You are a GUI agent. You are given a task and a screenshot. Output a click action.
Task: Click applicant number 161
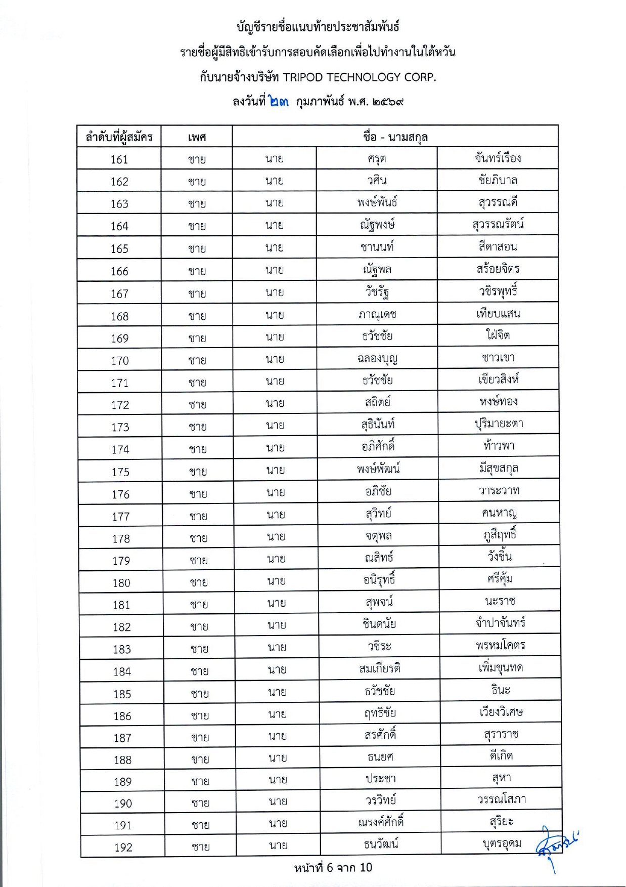pyautogui.click(x=119, y=159)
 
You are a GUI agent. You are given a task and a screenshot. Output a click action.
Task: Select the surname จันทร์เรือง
pyautogui.click(x=498, y=158)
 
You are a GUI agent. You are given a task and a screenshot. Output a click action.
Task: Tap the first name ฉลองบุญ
pyautogui.click(x=377, y=359)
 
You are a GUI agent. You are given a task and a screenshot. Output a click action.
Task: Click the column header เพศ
pyautogui.click(x=197, y=137)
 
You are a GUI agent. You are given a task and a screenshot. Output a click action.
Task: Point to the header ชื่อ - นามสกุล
pyautogui.click(x=395, y=137)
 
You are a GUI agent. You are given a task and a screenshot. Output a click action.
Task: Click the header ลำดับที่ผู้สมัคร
pyautogui.click(x=119, y=137)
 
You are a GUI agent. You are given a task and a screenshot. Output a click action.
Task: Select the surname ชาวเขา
pyautogui.click(x=498, y=358)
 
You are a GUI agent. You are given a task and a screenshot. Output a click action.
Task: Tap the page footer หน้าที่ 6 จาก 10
pyautogui.click(x=333, y=868)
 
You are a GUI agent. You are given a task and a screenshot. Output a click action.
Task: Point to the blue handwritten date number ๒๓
pyautogui.click(x=279, y=101)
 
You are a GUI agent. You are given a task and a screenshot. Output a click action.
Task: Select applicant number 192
pyautogui.click(x=123, y=848)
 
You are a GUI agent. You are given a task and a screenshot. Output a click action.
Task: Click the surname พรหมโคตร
pyautogui.click(x=500, y=646)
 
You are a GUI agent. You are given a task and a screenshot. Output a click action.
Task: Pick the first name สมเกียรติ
pyautogui.click(x=380, y=668)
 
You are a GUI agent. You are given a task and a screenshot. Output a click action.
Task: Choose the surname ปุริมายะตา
pyautogui.click(x=499, y=424)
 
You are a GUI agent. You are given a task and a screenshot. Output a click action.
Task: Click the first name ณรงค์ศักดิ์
pyautogui.click(x=381, y=822)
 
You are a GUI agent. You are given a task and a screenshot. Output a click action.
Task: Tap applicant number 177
pyautogui.click(x=121, y=517)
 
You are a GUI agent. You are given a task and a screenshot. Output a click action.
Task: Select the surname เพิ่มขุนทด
pyautogui.click(x=501, y=668)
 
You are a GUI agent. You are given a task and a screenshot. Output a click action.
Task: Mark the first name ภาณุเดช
pyautogui.click(x=377, y=314)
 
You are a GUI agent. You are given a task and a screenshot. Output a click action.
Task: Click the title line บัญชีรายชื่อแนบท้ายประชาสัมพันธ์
pyautogui.click(x=318, y=26)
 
